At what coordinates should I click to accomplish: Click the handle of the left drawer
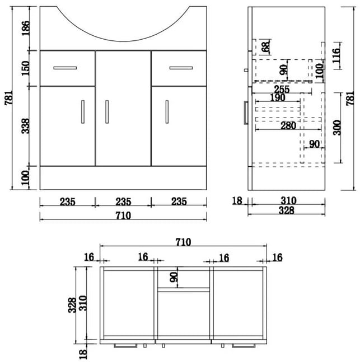pyautogui.click(x=65, y=68)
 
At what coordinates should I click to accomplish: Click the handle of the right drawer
pyautogui.click(x=181, y=68)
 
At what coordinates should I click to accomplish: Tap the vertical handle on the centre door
pyautogui.click(x=107, y=112)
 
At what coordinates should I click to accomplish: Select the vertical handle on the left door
pyautogui.click(x=83, y=112)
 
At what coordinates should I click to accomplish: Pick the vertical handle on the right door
pyautogui.click(x=167, y=112)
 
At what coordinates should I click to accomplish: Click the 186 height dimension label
pyautogui.click(x=25, y=28)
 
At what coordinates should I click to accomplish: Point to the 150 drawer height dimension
pyautogui.click(x=25, y=68)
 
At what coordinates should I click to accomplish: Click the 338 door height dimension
pyautogui.click(x=25, y=126)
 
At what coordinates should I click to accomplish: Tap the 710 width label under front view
pyautogui.click(x=123, y=216)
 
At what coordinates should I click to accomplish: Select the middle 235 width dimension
pyautogui.click(x=123, y=202)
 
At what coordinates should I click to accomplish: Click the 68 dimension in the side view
pyautogui.click(x=266, y=47)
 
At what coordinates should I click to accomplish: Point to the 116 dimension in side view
pyautogui.click(x=336, y=55)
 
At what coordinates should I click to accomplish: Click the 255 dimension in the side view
pyautogui.click(x=282, y=90)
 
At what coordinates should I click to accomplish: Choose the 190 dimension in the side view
pyautogui.click(x=278, y=98)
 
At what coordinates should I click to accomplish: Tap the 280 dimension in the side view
pyautogui.click(x=288, y=126)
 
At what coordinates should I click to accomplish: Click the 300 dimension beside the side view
pyautogui.click(x=337, y=128)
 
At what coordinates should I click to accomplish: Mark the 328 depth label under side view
pyautogui.click(x=287, y=210)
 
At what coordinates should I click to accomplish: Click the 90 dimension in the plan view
pyautogui.click(x=174, y=277)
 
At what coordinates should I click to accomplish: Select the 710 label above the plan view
pyautogui.click(x=183, y=242)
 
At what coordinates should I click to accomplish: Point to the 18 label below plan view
pyautogui.click(x=83, y=354)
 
